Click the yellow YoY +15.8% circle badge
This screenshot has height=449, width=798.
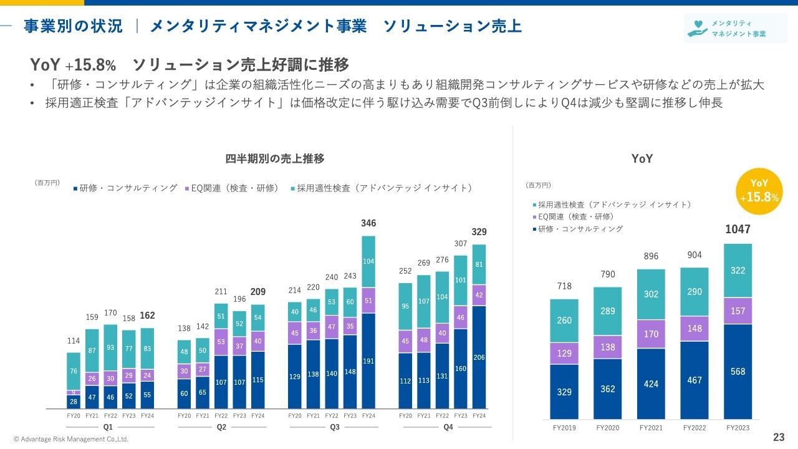point(759,191)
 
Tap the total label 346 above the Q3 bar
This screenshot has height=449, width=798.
point(368,223)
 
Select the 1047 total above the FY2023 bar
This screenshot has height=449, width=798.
point(738,229)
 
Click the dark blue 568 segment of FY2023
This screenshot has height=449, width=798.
point(738,371)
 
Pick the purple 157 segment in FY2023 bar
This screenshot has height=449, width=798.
point(738,311)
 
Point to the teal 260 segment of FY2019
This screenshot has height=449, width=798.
point(564,321)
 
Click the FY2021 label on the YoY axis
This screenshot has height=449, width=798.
point(651,428)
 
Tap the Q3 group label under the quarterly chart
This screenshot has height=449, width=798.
point(335,427)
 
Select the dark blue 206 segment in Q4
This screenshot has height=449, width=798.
point(479,357)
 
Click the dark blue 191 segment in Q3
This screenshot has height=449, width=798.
point(368,360)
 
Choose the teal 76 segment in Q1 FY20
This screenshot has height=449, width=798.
point(74,371)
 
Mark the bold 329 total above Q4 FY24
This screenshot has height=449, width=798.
point(479,232)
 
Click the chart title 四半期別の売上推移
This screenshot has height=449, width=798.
point(274,158)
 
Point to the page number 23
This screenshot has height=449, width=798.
point(779,437)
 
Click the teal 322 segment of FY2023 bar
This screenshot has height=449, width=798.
point(738,271)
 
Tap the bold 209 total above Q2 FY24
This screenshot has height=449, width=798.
point(258,291)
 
